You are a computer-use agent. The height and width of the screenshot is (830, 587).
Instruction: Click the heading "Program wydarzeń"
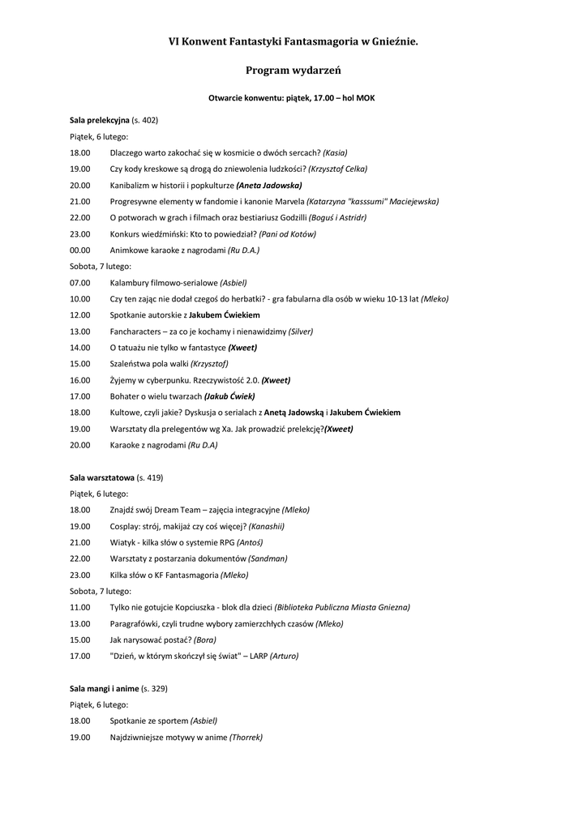pyautogui.click(x=293, y=71)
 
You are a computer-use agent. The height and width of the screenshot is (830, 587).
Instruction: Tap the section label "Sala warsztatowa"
pyautogui.click(x=101, y=477)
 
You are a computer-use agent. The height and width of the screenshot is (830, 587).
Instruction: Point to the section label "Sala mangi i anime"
pyautogui.click(x=104, y=688)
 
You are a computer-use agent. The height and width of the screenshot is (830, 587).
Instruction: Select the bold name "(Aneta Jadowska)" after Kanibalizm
pyautogui.click(x=268, y=185)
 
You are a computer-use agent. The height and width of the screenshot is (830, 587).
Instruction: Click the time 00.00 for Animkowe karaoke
pyautogui.click(x=79, y=250)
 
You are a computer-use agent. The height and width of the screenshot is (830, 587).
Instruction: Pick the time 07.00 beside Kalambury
pyautogui.click(x=79, y=282)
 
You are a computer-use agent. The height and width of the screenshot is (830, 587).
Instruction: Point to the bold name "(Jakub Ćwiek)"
pyautogui.click(x=229, y=396)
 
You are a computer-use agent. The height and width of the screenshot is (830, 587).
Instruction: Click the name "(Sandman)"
pyautogui.click(x=268, y=558)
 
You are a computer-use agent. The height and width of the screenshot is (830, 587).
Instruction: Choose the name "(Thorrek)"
pyautogui.click(x=246, y=737)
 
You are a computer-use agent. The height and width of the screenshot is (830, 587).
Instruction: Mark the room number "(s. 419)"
pyautogui.click(x=150, y=477)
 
